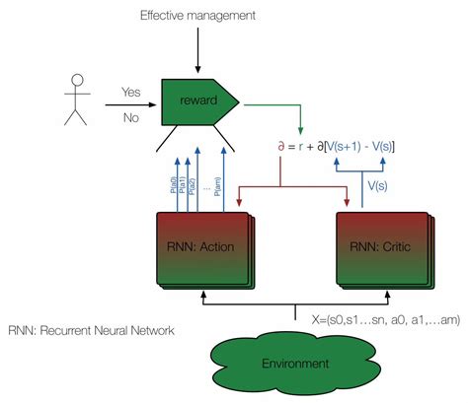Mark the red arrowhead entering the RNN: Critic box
(349, 204)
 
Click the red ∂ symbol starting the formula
(284, 148)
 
